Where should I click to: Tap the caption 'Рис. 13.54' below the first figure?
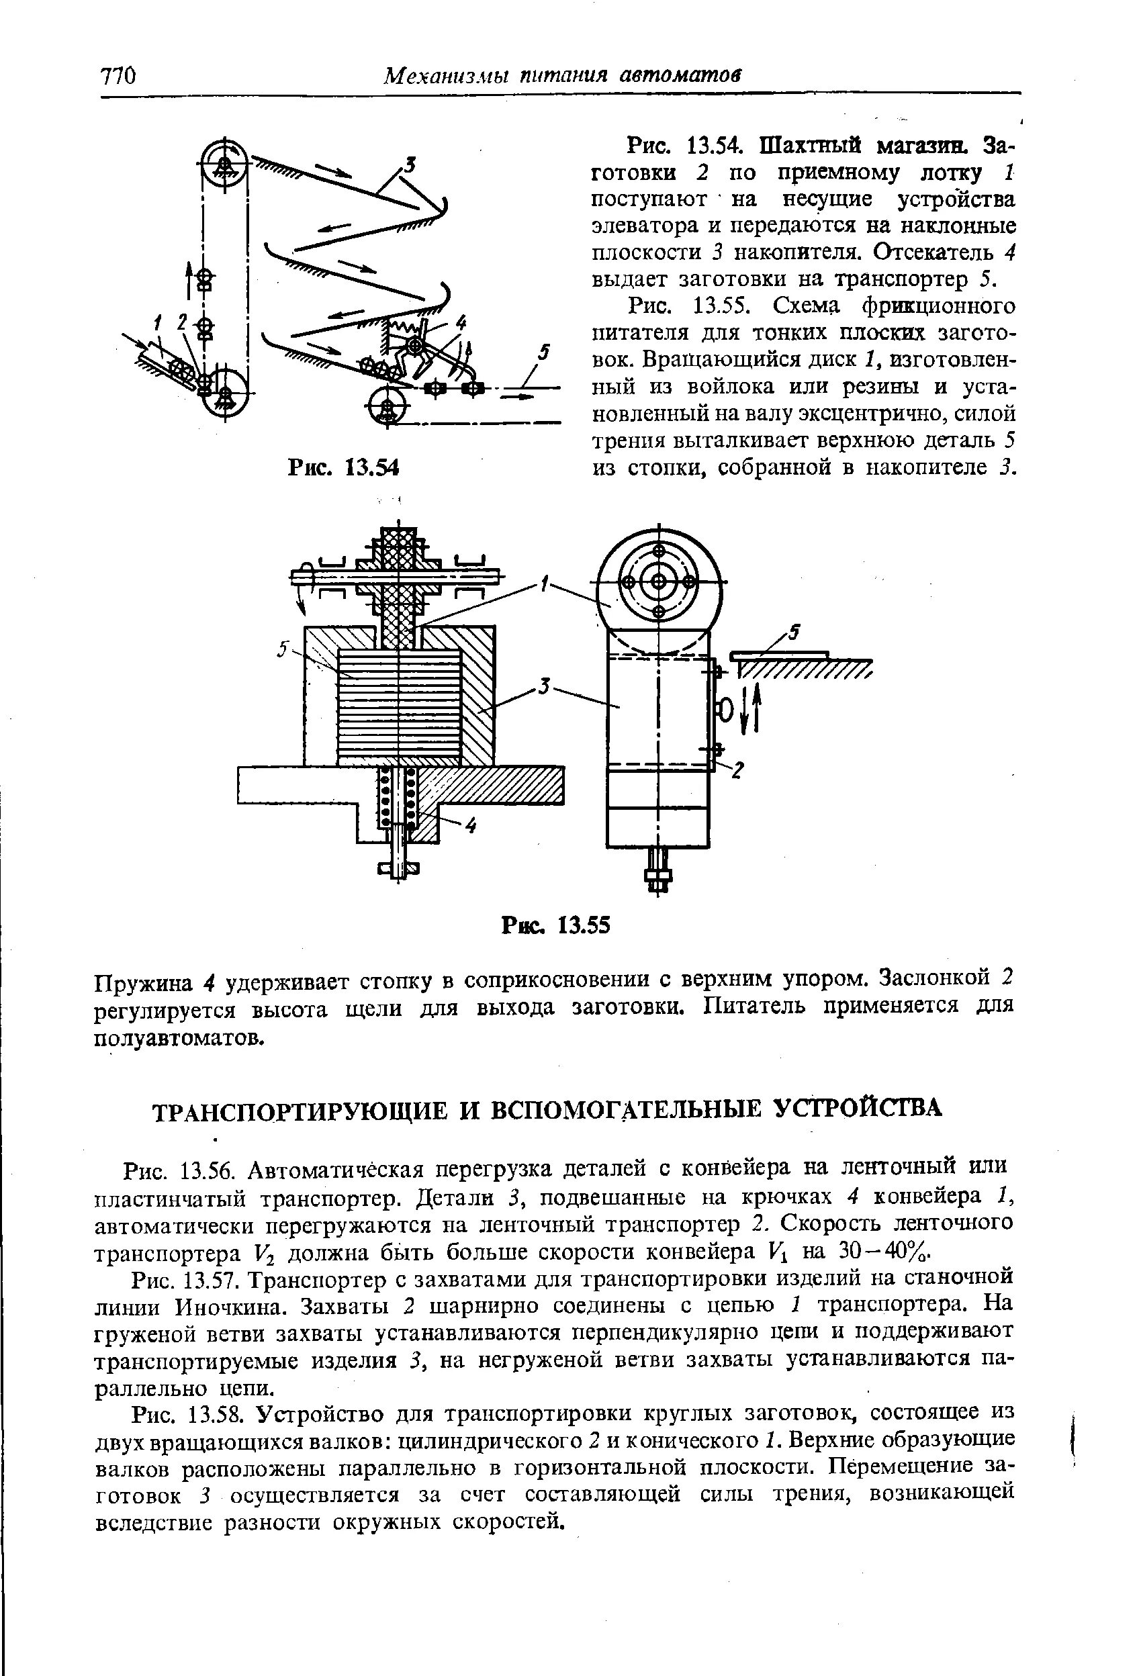tap(343, 468)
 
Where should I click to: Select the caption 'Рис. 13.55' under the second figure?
tap(556, 924)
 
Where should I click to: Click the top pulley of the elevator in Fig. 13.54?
tap(224, 165)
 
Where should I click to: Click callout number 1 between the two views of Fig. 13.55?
tap(545, 582)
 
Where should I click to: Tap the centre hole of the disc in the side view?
tap(659, 582)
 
